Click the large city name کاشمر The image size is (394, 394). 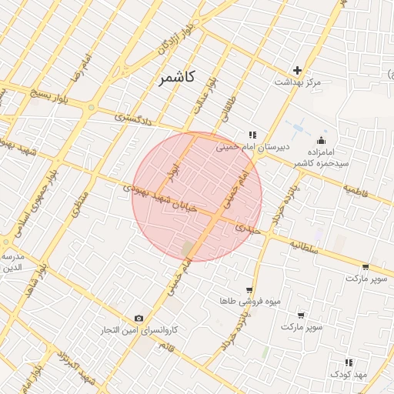179,77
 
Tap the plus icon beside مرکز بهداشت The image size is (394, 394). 297,70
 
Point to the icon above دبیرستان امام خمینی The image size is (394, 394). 252,135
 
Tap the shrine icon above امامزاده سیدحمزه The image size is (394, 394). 321,140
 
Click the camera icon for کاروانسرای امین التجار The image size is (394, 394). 139,319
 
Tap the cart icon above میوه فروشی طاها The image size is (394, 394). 249,290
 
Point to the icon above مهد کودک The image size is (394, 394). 349,362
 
